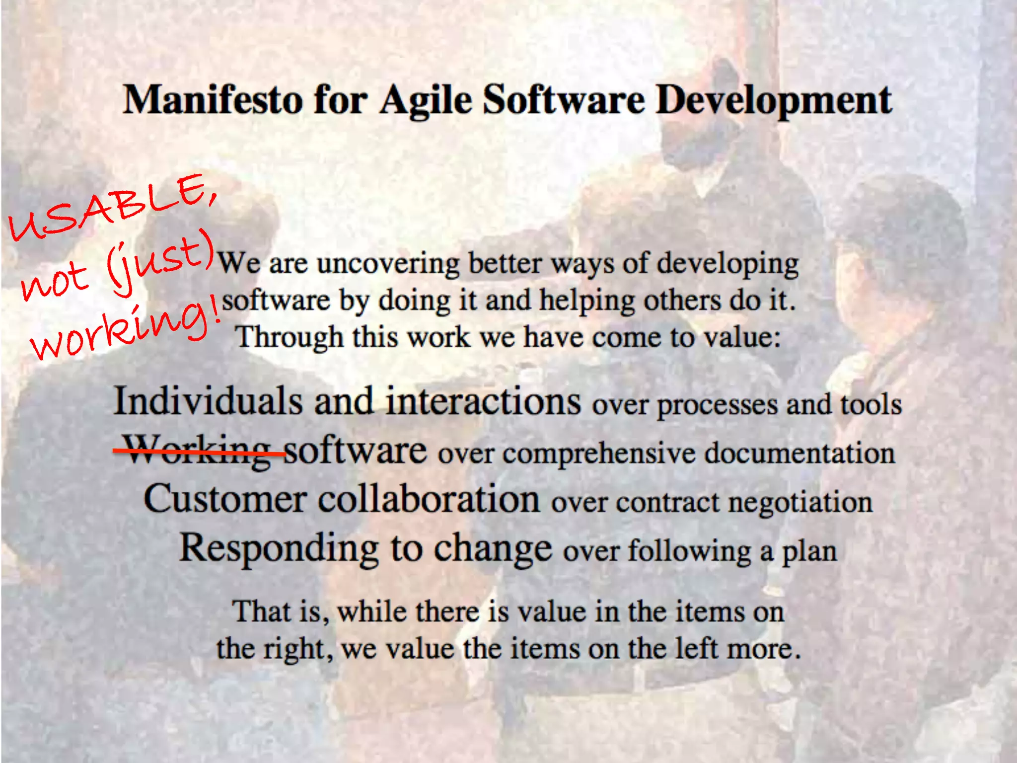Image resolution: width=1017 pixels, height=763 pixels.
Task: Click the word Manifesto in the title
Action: pyautogui.click(x=213, y=100)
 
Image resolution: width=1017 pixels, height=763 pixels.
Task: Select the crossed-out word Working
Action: pyautogui.click(x=198, y=450)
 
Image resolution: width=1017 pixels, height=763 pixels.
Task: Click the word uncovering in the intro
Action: pyautogui.click(x=388, y=263)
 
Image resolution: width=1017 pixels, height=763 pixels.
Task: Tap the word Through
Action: pyautogui.click(x=289, y=337)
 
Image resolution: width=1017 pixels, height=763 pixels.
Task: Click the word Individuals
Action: pyautogui.click(x=208, y=401)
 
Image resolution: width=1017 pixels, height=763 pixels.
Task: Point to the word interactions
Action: pyautogui.click(x=483, y=401)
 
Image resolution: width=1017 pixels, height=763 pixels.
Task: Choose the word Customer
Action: pyautogui.click(x=225, y=499)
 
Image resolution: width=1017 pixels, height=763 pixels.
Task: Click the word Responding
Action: pyautogui.click(x=279, y=549)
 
